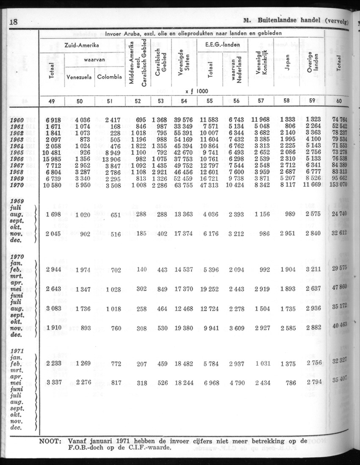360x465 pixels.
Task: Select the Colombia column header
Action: pyautogui.click(x=110, y=77)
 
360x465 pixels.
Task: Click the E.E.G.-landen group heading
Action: pyautogui.click(x=223, y=45)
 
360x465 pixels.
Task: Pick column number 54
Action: pyautogui.click(x=183, y=100)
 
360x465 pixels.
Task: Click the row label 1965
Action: pyautogui.click(x=17, y=152)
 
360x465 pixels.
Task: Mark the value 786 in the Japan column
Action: pyautogui.click(x=290, y=383)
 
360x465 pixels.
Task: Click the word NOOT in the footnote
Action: pyautogui.click(x=50, y=441)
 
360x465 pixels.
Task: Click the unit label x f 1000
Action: pyautogui.click(x=198, y=91)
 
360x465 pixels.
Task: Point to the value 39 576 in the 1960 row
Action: pyautogui.click(x=183, y=120)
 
